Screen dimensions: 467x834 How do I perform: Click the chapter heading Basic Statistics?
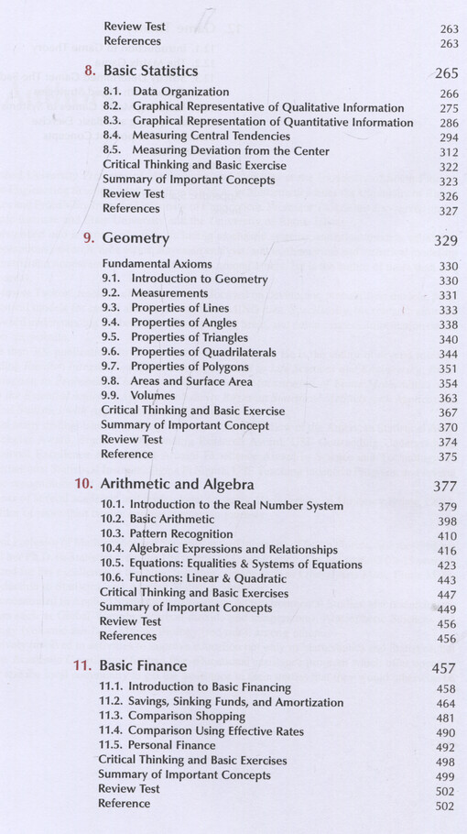coord(150,71)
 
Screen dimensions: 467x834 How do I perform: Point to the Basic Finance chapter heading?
coord(142,665)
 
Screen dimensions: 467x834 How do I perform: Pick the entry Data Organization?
coord(180,93)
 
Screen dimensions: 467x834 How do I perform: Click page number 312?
coord(448,152)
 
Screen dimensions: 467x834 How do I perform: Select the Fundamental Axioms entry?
coord(157,264)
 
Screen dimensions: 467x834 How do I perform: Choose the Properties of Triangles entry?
coord(189,337)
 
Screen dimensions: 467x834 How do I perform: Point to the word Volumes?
coord(153,396)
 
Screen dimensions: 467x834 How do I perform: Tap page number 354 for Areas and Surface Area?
coord(448,383)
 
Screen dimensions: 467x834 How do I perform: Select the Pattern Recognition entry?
coord(181,534)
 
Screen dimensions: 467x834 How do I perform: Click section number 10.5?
coord(112,564)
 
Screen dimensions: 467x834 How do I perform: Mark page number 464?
coord(446,704)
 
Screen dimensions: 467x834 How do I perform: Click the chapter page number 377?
coord(444,487)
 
